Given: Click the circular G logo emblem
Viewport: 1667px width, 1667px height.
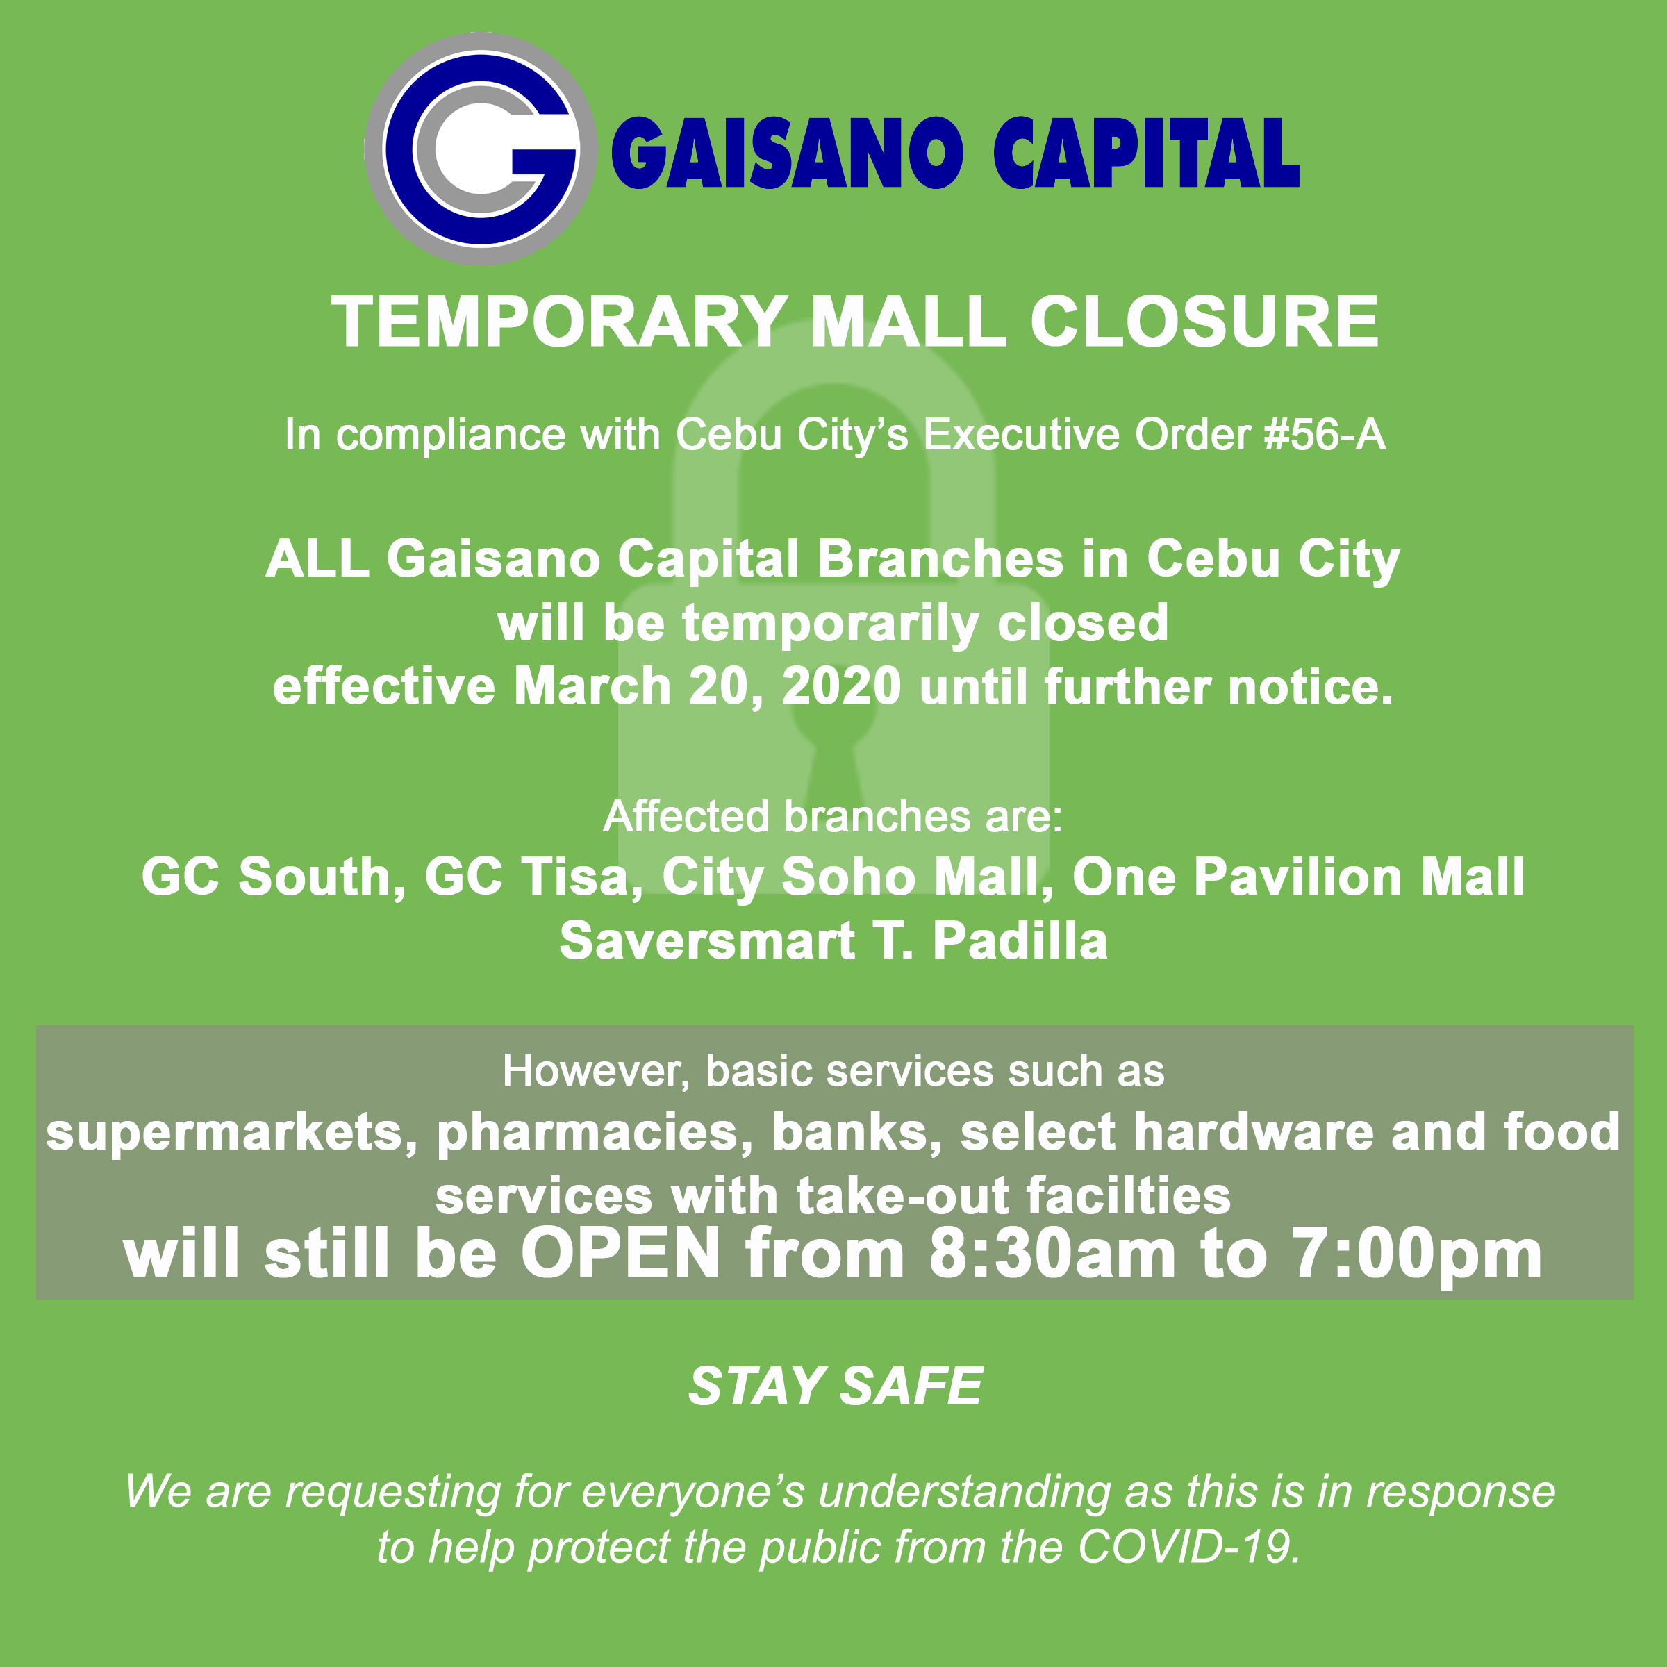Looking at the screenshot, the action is point(480,149).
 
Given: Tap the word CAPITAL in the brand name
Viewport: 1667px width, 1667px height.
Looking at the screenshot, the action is point(1147,153).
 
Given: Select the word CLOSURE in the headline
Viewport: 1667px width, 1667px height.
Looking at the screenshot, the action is point(1204,321).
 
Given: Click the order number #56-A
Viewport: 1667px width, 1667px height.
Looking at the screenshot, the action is point(1325,434).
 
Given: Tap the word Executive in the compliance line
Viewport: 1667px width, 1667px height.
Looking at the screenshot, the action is point(1022,434).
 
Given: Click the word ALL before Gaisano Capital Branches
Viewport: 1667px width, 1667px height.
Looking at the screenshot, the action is point(318,558).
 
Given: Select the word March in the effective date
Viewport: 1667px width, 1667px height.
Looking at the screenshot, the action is point(592,686).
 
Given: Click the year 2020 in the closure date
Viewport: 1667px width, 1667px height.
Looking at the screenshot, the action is point(841,686).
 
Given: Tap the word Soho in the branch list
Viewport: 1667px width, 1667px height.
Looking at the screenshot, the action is point(848,877).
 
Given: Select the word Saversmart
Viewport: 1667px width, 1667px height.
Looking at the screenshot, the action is point(706,940).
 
